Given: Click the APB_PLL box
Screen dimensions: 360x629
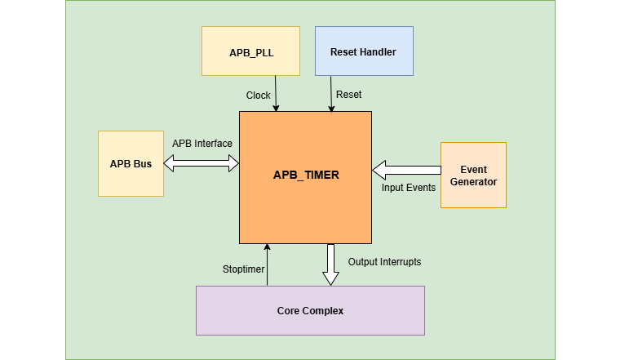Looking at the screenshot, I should (x=250, y=51).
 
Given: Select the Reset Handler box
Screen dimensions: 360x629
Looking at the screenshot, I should (x=364, y=51).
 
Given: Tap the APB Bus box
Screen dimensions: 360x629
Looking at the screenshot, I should (x=131, y=163).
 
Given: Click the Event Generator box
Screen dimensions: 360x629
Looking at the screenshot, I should (x=473, y=175).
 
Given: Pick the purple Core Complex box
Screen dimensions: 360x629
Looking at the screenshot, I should (x=310, y=310).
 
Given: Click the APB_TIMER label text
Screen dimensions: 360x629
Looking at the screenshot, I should (x=306, y=175).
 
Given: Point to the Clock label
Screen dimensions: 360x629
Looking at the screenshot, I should (x=259, y=96).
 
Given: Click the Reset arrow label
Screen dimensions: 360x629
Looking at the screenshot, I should (x=348, y=96).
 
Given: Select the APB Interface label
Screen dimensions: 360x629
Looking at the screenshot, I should (x=202, y=144).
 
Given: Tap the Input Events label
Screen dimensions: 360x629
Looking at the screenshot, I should (x=409, y=188).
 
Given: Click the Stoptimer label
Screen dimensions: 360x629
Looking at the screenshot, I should (x=243, y=269).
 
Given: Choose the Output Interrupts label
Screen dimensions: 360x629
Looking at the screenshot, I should (x=384, y=262).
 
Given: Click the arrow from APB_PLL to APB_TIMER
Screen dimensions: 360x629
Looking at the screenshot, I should (x=277, y=93).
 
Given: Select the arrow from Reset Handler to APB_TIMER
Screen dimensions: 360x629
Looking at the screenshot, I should (x=331, y=93).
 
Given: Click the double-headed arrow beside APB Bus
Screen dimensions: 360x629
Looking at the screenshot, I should (x=202, y=164).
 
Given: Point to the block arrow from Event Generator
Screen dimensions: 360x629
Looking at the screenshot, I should (x=406, y=171).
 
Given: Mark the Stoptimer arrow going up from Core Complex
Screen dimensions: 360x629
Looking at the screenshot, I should (x=266, y=264).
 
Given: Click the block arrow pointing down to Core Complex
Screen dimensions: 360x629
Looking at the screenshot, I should (x=330, y=264).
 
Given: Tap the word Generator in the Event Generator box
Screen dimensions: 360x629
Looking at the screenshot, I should (x=473, y=181).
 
